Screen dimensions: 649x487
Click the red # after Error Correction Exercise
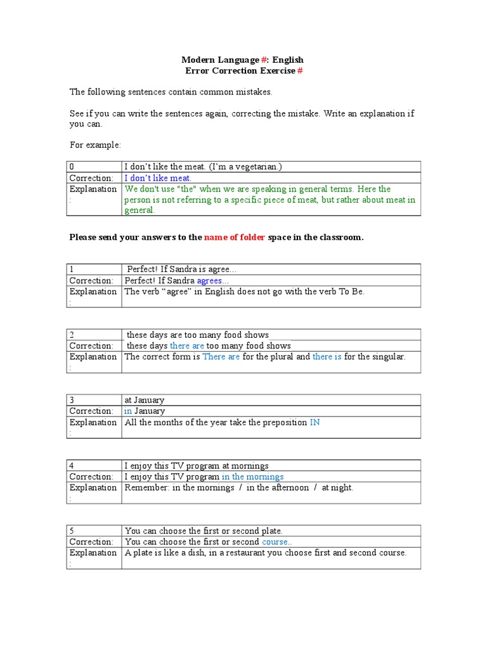coord(301,70)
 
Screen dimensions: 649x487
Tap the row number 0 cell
coord(94,167)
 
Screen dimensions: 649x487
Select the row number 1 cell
coord(94,269)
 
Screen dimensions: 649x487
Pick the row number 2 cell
coord(94,335)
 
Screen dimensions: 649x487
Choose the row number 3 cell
coord(94,400)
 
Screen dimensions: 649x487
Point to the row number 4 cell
coord(94,465)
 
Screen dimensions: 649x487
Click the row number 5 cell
coord(94,530)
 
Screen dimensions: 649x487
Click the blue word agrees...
coord(213,281)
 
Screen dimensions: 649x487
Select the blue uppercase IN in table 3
coord(315,422)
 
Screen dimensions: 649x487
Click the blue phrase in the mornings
coord(252,477)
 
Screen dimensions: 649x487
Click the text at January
coord(144,400)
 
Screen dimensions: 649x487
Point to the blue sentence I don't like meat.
coord(157,178)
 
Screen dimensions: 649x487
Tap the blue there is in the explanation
coord(327,357)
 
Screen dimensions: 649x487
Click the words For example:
coord(95,145)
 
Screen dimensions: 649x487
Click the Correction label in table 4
coord(91,477)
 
